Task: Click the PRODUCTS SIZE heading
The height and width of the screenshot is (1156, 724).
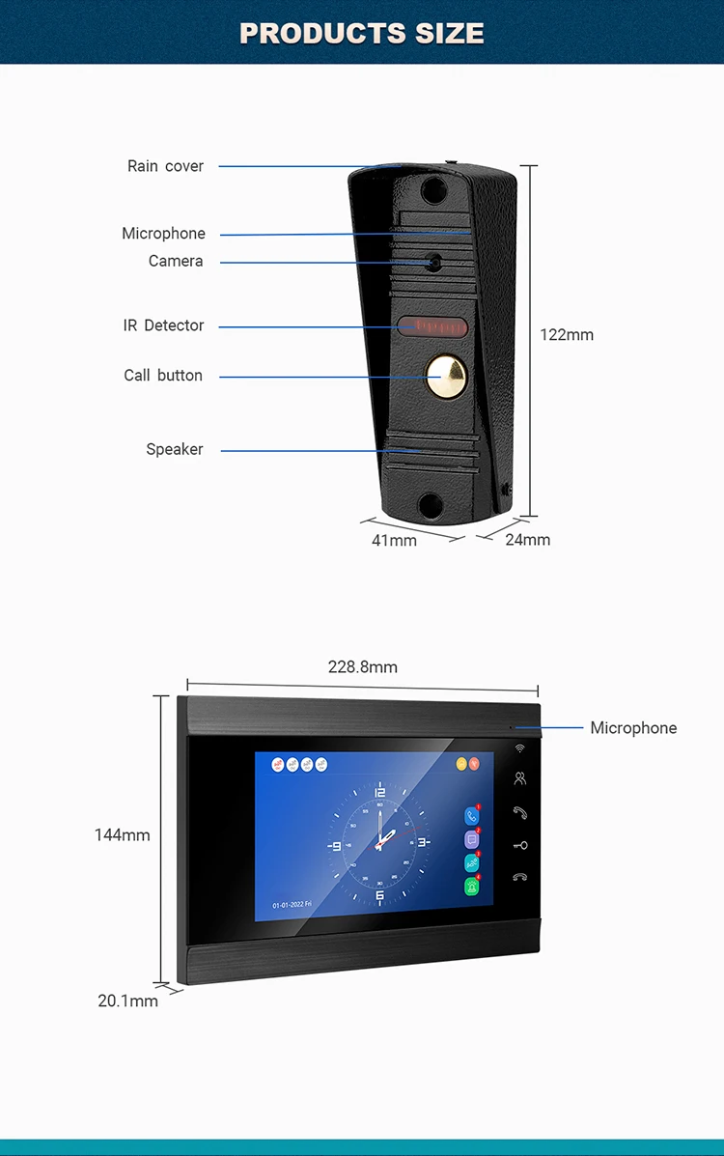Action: tap(362, 33)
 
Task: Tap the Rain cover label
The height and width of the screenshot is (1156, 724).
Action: tap(165, 166)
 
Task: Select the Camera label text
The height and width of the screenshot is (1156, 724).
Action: tap(176, 261)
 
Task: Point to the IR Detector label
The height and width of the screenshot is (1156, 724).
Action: tap(163, 325)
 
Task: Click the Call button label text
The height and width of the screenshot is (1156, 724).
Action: tap(163, 376)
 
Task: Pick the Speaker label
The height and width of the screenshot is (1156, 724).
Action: tap(175, 449)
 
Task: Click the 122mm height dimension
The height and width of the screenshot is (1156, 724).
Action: tap(567, 335)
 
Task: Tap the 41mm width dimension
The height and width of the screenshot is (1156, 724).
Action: tap(394, 541)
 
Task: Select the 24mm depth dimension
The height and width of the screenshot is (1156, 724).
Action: tap(527, 540)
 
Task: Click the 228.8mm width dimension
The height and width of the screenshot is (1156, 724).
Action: tap(362, 667)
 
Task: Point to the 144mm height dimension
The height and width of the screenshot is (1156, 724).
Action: tap(122, 834)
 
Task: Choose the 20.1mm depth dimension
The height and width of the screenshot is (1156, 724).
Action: tap(127, 1001)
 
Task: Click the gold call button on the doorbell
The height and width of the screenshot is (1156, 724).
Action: tap(445, 373)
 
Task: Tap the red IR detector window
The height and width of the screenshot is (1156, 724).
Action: tap(431, 325)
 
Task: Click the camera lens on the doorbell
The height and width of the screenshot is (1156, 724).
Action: tap(435, 261)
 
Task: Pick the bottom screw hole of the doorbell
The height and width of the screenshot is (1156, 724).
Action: tap(432, 504)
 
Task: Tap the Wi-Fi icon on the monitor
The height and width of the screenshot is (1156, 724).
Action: tap(519, 748)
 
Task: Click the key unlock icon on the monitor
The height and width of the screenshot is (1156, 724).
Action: tap(519, 845)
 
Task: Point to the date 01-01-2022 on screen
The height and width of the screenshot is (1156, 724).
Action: tap(292, 906)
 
